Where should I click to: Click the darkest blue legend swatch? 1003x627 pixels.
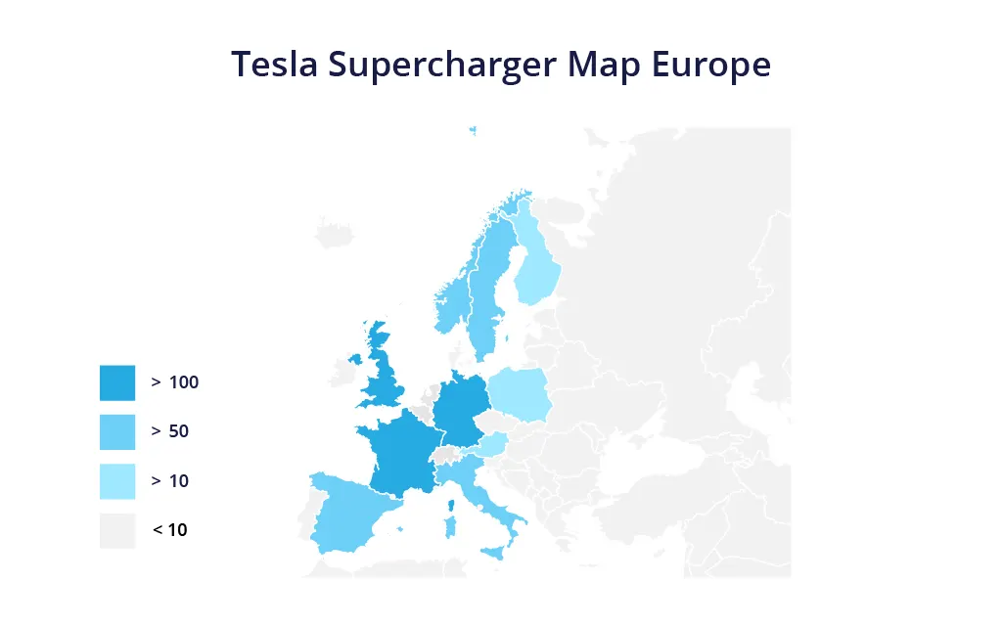click(117, 382)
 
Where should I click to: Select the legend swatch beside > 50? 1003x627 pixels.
click(117, 431)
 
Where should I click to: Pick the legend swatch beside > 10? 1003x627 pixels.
click(117, 481)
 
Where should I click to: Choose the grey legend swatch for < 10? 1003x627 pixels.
click(117, 530)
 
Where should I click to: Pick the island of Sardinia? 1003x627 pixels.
click(450, 525)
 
